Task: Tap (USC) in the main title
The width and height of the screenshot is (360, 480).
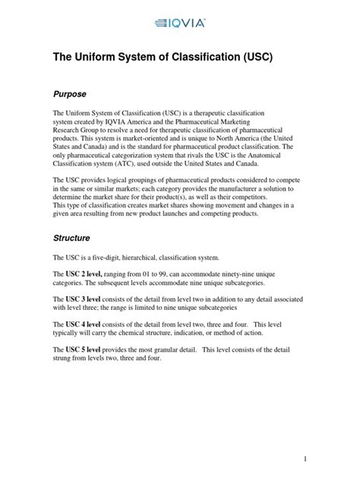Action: pos(276,57)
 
